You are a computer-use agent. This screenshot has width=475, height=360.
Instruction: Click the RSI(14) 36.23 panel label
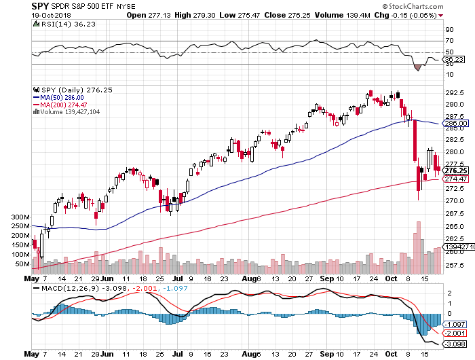click(x=60, y=25)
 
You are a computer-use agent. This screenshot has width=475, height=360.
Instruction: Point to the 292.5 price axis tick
click(x=453, y=92)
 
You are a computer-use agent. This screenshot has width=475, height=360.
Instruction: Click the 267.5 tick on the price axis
click(x=453, y=213)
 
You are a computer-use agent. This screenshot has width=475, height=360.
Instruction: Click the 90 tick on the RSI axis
click(x=449, y=30)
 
